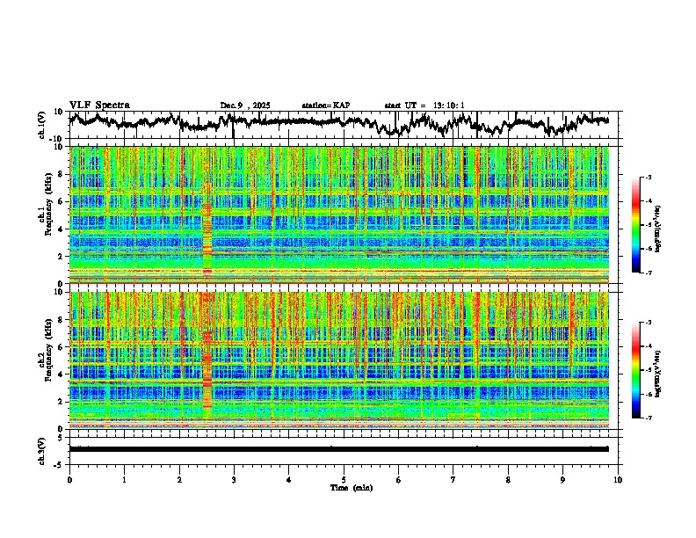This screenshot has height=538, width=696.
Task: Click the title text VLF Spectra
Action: [99, 105]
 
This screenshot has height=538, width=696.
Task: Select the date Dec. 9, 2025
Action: [245, 105]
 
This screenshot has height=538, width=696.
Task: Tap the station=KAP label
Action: [325, 105]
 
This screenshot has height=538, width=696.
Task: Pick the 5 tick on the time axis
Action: [344, 479]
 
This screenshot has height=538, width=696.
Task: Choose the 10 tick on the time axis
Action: [618, 479]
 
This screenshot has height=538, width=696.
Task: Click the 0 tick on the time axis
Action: [69, 479]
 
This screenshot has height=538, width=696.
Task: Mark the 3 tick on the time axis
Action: [234, 479]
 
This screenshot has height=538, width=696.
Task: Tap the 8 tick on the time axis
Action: [508, 479]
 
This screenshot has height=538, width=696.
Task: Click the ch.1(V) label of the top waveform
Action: [42, 125]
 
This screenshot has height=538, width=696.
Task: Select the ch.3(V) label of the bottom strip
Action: [42, 449]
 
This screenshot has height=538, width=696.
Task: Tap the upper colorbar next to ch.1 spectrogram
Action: [645, 225]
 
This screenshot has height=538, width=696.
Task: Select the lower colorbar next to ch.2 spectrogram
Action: [645, 370]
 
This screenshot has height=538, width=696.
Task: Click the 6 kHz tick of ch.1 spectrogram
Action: [62, 201]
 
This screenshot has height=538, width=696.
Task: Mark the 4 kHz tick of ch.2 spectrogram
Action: [62, 374]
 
